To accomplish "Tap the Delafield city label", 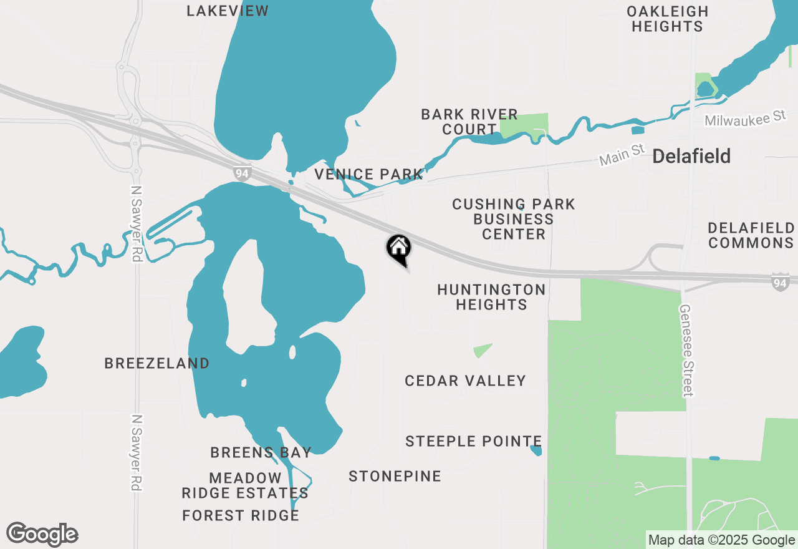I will [691, 157].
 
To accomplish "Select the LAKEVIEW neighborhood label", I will [228, 11].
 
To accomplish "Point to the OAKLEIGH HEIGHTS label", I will [667, 19].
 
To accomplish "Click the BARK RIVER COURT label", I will [469, 122].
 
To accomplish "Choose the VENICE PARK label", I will [368, 174].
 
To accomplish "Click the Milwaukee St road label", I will [746, 117].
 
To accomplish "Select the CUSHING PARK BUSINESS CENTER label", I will [514, 219].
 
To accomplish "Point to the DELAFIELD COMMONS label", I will [751, 235].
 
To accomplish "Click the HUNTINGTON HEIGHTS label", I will [491, 297].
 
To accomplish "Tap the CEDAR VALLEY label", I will [465, 381].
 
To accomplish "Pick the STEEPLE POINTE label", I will [473, 441].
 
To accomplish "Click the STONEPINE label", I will [395, 476].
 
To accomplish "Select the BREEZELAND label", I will [157, 363].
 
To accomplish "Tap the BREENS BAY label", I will [261, 452].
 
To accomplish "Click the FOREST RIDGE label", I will [241, 515].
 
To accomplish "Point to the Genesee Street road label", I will [686, 350].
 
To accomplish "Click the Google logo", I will [42, 535].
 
